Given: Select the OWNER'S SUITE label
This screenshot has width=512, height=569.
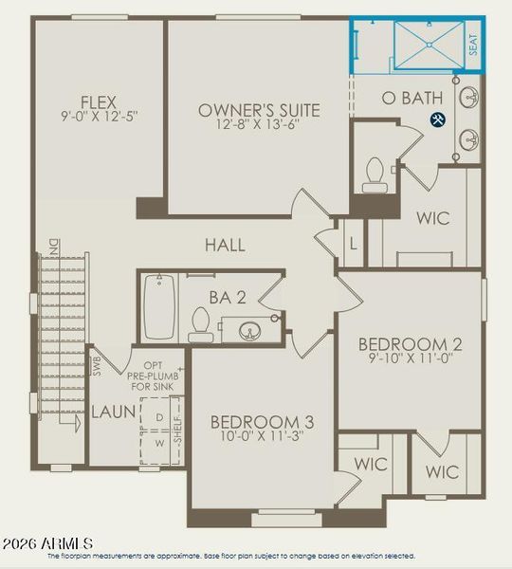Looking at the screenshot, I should coord(259,111).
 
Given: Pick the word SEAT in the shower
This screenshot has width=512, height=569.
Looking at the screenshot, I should coord(473,45).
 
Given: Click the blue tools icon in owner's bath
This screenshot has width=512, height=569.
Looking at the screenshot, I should coord(438,119).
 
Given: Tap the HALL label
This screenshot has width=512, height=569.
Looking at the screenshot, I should coord(225,245).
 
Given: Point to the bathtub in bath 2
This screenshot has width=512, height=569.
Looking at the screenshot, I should coord(158,306).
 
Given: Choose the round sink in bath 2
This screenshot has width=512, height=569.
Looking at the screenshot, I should coord(251,331).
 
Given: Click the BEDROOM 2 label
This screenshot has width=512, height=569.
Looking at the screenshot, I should coord(410,343).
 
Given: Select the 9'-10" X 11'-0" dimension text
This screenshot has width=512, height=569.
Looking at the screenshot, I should coord(410,360).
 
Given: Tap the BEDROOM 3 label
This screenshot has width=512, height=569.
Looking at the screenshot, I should coord(262,422).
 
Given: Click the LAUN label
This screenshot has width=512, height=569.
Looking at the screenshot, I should coord(113,413).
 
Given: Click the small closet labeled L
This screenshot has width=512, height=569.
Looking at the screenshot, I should coord(353,244).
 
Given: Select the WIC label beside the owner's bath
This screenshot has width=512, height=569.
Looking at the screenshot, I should coord(432,218).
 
